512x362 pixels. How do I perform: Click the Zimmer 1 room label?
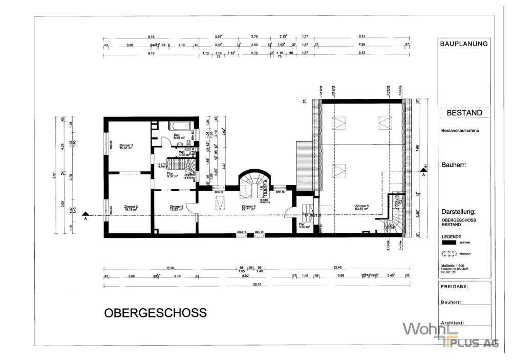pyautogui.click(x=125, y=146)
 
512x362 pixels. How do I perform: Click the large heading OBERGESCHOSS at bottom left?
pyautogui.click(x=155, y=312)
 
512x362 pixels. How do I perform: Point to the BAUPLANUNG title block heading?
pyautogui.click(x=464, y=44)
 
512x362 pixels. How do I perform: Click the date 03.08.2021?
pyautogui.click(x=455, y=269)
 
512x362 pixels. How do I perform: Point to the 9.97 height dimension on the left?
pyautogui.click(x=54, y=176)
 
